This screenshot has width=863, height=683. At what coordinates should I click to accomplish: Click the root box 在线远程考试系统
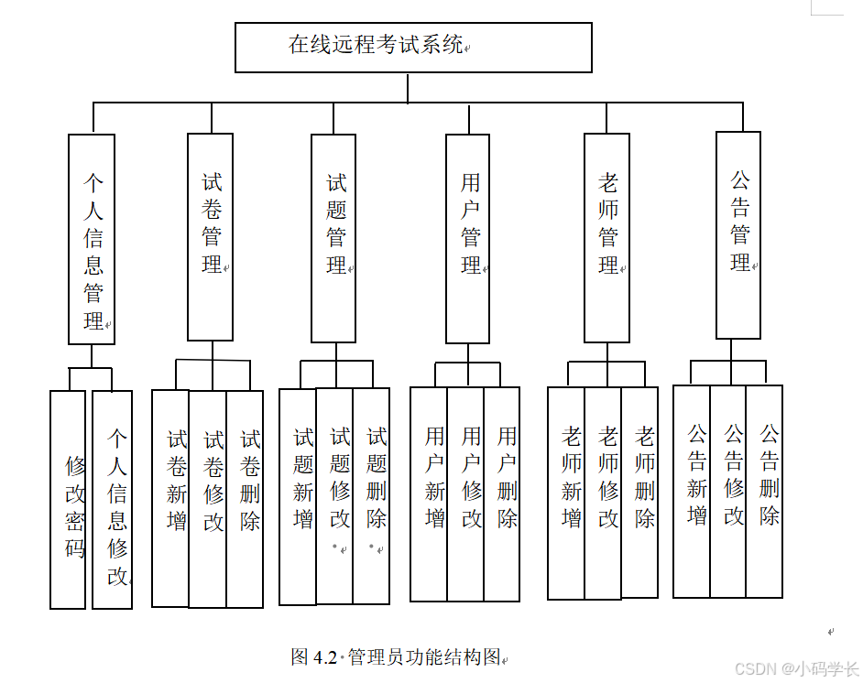[x=413, y=48]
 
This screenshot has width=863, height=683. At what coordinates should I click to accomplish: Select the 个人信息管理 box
[x=92, y=239]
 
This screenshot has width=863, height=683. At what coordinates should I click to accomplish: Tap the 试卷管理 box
[x=210, y=237]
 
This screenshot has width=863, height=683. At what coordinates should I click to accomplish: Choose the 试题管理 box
[x=333, y=238]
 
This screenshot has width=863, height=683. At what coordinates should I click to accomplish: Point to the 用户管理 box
[x=467, y=238]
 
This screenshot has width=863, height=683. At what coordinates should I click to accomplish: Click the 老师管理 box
[x=606, y=237]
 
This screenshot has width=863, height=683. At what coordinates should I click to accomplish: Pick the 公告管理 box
[x=738, y=234]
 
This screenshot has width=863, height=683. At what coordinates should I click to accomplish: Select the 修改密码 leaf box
[x=68, y=500]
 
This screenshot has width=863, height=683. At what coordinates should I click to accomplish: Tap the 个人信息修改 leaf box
[x=112, y=500]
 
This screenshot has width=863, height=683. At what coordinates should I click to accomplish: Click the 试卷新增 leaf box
[x=170, y=498]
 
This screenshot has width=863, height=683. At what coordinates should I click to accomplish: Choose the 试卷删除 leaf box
[x=245, y=498]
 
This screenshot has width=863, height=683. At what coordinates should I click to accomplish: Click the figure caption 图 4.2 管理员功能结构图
[x=397, y=656]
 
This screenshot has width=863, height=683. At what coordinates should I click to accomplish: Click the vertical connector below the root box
[x=408, y=87]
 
